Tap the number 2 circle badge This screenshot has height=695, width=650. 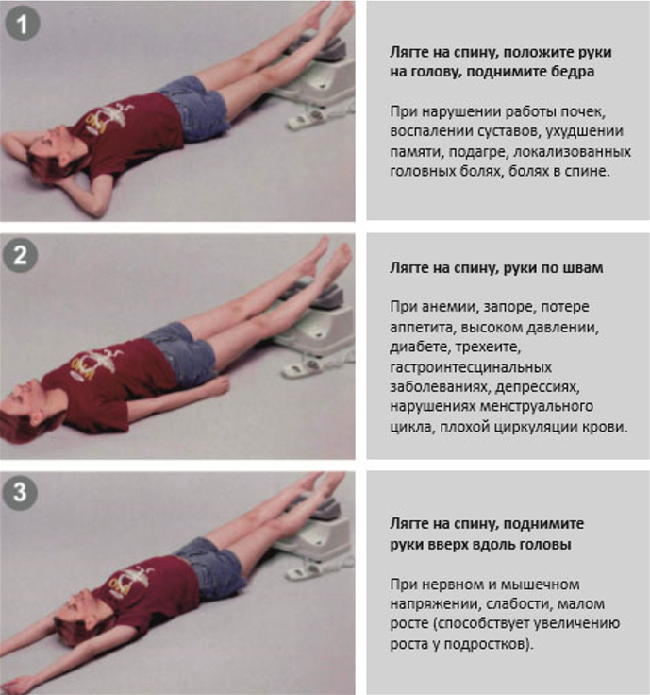[21, 255]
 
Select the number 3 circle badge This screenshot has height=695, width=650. [20, 493]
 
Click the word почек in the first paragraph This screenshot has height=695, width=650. [583, 112]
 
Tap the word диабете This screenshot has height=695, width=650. [420, 347]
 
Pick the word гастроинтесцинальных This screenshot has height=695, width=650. [471, 367]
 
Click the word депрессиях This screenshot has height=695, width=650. [538, 387]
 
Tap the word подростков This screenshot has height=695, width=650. [486, 644]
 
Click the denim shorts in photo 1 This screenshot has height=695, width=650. [195, 108]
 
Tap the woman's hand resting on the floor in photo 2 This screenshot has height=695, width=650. [218, 385]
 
